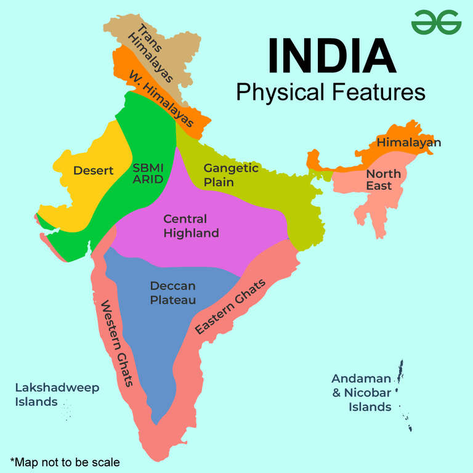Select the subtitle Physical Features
(x=331, y=92)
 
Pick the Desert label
(x=94, y=171)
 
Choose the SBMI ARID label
(x=148, y=173)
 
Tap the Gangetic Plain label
(x=231, y=174)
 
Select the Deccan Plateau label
(x=173, y=293)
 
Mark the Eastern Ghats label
(x=230, y=307)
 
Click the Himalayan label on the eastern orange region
(x=409, y=142)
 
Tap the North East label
(x=383, y=180)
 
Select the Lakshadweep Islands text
(x=57, y=395)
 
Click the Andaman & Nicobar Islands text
(x=362, y=392)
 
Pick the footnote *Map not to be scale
(x=65, y=461)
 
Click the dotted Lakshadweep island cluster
(x=66, y=410)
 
